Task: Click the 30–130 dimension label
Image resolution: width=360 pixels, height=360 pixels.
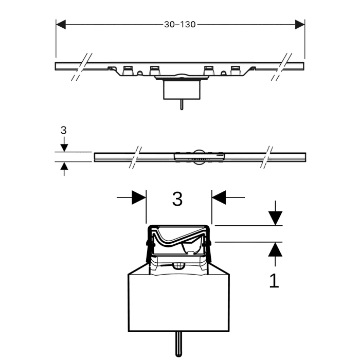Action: [x=180, y=24]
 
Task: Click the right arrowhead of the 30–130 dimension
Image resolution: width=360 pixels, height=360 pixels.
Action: [x=299, y=24]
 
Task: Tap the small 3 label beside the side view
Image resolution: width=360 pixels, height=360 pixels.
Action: [x=63, y=130]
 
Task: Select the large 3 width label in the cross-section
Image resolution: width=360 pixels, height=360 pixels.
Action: [x=177, y=199]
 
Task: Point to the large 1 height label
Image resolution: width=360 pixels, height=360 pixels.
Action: [x=275, y=280]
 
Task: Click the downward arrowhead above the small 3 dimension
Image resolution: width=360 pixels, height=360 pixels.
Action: [x=64, y=147]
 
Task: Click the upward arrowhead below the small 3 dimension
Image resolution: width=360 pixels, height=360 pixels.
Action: [x=64, y=166]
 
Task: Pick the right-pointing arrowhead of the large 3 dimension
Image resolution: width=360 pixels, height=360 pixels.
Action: [x=139, y=197]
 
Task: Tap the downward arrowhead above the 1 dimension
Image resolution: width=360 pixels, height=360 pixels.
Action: [x=276, y=218]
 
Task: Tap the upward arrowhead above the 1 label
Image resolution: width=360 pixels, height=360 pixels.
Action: [x=276, y=249]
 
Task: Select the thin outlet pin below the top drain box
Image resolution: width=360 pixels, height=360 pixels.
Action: [x=181, y=104]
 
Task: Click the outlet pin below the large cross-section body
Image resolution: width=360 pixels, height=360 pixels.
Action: [x=178, y=341]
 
